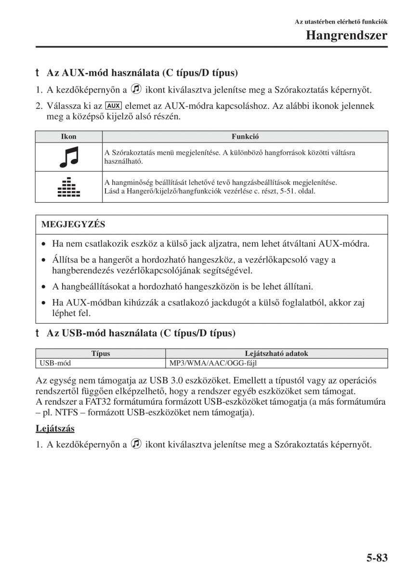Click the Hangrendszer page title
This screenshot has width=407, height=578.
[347, 36]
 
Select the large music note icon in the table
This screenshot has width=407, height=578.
[68, 157]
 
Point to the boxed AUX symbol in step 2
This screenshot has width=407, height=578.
[113, 105]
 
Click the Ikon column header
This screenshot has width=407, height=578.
[68, 137]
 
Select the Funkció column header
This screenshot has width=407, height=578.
[245, 137]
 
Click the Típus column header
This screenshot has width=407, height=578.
[101, 354]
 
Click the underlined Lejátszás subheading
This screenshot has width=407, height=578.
[55, 428]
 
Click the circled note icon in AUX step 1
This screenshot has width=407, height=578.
[136, 90]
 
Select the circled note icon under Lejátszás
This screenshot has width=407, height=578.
[136, 444]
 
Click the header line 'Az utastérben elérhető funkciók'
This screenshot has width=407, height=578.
[341, 22]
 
